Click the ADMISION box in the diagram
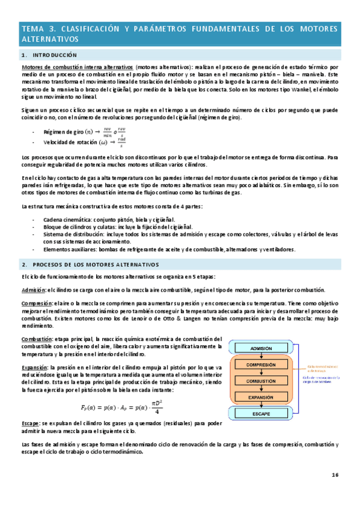(260, 348)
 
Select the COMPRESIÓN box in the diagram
(260, 364)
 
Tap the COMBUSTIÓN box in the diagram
(260, 381)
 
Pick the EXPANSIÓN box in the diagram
(260, 397)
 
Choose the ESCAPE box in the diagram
(260, 414)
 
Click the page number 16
(335, 475)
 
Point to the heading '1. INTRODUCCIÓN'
(49, 55)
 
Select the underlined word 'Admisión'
(34, 290)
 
